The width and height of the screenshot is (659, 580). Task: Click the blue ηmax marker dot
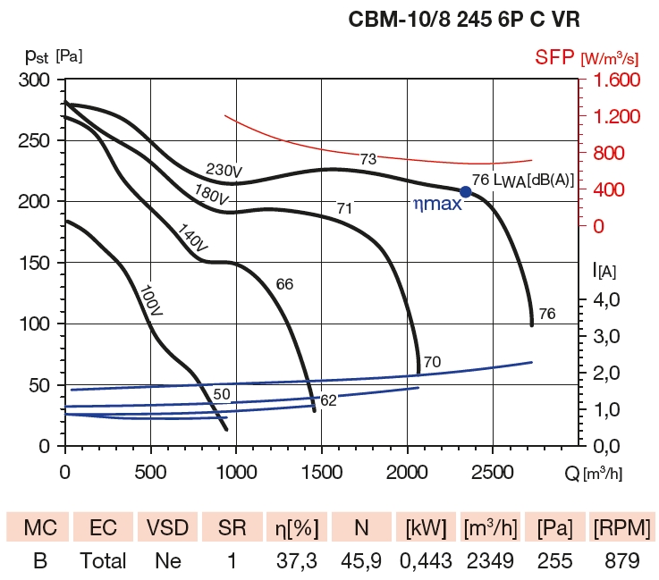465,191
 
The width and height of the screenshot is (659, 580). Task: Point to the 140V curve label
192,239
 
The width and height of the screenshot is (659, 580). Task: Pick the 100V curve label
151,302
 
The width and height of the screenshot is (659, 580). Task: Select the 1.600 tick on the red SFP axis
613,80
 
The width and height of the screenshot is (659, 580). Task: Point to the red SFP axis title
586,58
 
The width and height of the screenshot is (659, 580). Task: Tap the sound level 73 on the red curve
368,159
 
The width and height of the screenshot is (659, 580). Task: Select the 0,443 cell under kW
426,562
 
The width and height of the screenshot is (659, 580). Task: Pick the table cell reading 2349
491,562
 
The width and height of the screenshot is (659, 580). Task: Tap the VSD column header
167,528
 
